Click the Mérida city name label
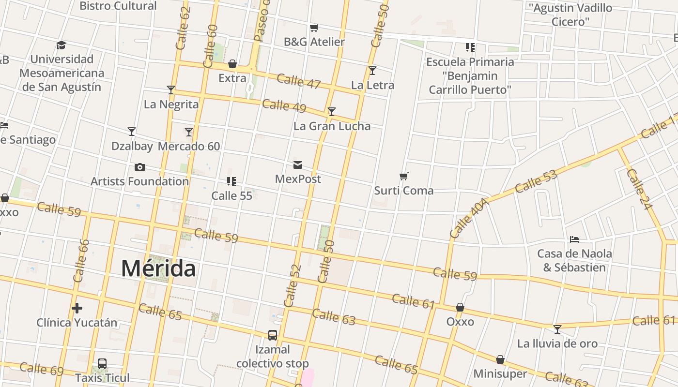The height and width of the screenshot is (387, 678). [x=158, y=268]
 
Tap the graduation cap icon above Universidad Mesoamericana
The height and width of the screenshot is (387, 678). [x=61, y=45]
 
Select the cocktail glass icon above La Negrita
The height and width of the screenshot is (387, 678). [x=170, y=90]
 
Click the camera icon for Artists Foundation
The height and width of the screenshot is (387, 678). [x=140, y=167]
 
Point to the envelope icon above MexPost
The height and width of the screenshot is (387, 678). [x=298, y=165]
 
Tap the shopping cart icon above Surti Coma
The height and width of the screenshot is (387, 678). [x=404, y=177]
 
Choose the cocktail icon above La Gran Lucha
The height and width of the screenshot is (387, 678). [x=332, y=112]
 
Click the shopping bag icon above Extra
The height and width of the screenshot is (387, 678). [x=232, y=64]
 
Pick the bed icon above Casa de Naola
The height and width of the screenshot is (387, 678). [x=574, y=239]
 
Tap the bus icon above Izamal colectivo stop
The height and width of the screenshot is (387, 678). [x=273, y=335]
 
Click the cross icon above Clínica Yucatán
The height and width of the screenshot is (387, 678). [x=77, y=308]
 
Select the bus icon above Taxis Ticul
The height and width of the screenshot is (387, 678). [x=102, y=364]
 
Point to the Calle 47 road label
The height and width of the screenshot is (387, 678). [x=299, y=81]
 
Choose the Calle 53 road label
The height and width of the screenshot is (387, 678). [x=536, y=181]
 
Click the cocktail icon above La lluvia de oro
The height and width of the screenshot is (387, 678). [x=557, y=329]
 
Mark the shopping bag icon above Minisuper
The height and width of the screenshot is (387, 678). [x=500, y=360]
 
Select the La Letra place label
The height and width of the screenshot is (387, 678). [x=372, y=85]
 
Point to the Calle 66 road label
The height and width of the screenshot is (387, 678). [x=81, y=261]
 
